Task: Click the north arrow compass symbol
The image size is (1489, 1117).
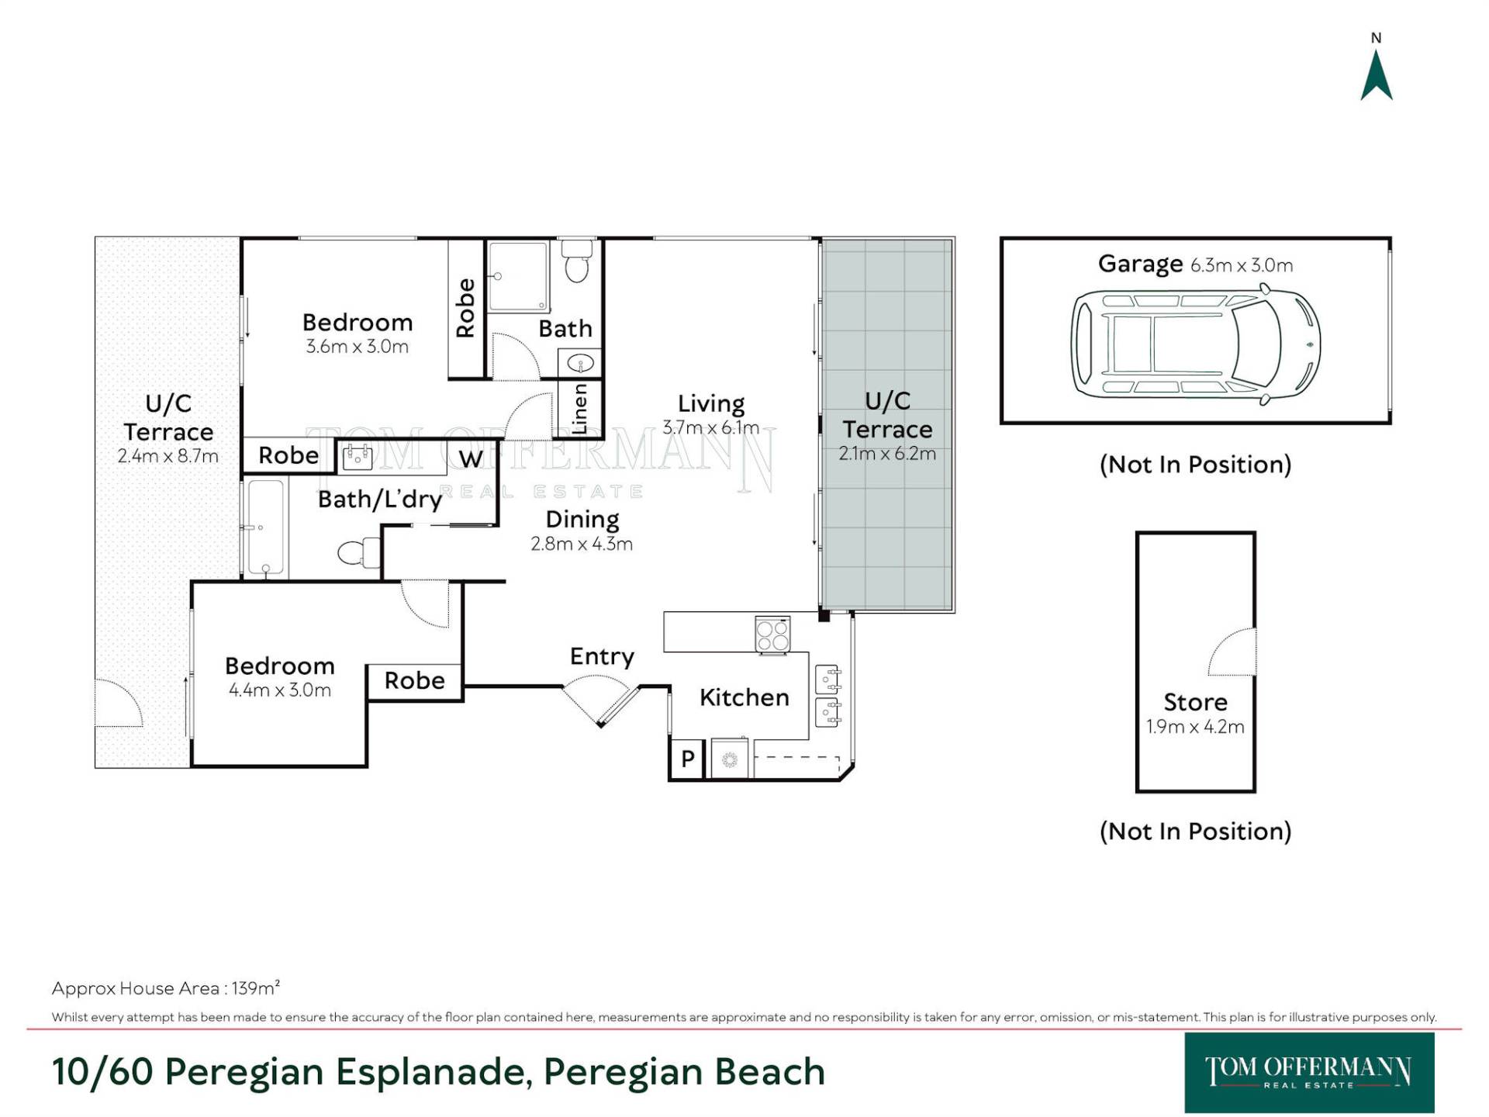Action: [1377, 76]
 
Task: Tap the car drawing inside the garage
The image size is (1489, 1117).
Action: [1195, 344]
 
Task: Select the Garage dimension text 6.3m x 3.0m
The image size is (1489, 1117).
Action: [1242, 265]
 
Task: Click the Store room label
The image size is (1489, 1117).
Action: [1195, 702]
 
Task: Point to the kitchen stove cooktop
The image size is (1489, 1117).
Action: [773, 635]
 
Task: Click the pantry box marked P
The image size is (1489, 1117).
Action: [687, 759]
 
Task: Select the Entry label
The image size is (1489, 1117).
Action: [602, 657]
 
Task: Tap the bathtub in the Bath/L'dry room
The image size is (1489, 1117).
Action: [265, 527]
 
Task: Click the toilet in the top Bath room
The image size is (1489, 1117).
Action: [576, 261]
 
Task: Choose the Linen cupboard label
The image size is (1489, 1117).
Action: [579, 409]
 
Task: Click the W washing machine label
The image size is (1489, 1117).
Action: [471, 459]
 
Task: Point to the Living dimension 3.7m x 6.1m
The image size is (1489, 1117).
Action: [710, 427]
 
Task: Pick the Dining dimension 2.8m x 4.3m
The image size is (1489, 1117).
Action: [582, 544]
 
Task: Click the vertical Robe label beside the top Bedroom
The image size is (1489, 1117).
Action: [465, 308]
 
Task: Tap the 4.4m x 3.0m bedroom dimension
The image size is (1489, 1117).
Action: [280, 690]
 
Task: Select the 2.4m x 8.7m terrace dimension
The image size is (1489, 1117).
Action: [168, 456]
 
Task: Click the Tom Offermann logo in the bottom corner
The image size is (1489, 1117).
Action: [1309, 1072]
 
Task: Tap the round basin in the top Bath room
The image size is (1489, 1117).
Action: [579, 362]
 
